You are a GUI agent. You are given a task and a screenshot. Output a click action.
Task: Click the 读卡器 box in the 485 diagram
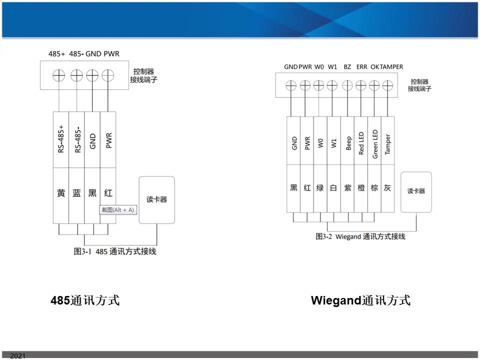(x=157, y=199)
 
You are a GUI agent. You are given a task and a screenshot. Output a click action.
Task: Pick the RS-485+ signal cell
(x=61, y=139)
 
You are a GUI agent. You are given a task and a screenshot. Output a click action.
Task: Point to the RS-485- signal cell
(x=76, y=139)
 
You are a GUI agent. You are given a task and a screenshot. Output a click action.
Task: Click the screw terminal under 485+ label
(x=59, y=75)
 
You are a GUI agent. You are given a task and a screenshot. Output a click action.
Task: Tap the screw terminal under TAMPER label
(x=387, y=85)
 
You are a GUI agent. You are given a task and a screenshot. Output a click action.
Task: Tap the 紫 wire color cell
(x=348, y=188)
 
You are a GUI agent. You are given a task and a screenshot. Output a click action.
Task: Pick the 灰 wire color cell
(x=388, y=188)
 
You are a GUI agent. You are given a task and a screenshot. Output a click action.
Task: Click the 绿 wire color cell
(x=320, y=188)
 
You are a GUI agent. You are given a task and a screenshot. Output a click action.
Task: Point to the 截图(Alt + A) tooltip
(x=118, y=210)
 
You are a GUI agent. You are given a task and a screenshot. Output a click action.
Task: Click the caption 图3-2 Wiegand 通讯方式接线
(x=360, y=236)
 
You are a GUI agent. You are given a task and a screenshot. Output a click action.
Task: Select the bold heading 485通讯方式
(x=85, y=301)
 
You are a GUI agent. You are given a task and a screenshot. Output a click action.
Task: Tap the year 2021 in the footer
(x=17, y=355)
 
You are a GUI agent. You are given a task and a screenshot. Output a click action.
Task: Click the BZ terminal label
(x=347, y=66)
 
